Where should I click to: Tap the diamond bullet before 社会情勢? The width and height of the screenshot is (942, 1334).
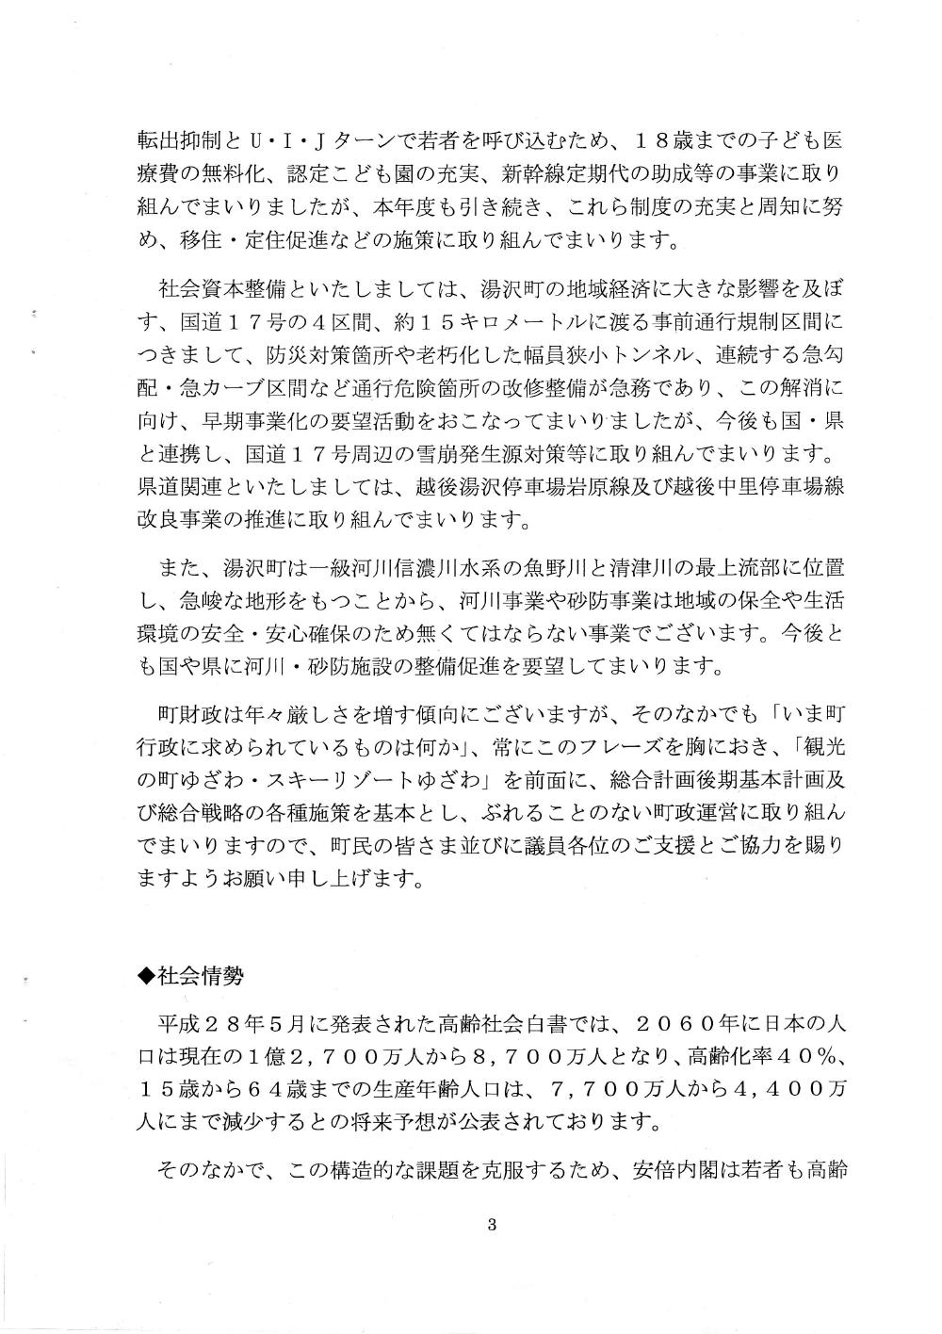pos(146,976)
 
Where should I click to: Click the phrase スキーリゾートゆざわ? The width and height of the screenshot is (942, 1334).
pos(389,779)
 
